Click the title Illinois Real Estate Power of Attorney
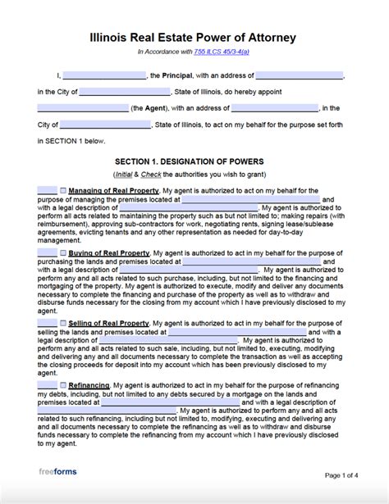coord(194,38)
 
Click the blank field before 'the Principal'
coord(110,75)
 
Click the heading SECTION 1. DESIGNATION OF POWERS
coord(194,161)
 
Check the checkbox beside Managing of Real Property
coord(62,190)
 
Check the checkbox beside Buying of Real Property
coord(62,253)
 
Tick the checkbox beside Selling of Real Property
coord(62,323)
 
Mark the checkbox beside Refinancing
coord(62,384)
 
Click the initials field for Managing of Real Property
coord(47,190)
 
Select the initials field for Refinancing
coord(47,384)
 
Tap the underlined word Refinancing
coord(89,384)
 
